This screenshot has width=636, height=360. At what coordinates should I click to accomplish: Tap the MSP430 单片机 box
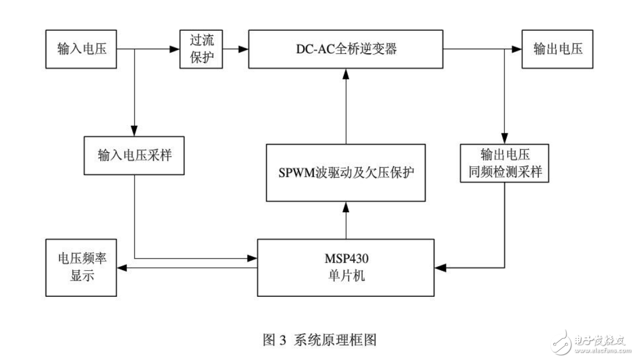(346, 267)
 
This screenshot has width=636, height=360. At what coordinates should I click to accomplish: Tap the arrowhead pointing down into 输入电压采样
(135, 133)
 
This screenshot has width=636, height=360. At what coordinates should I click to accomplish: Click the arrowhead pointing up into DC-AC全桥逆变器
(346, 73)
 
